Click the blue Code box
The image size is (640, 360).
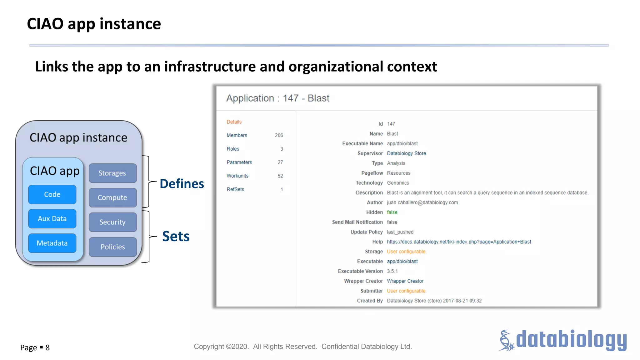(52, 194)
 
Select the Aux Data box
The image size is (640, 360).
(52, 219)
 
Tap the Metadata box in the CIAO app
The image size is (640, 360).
(52, 243)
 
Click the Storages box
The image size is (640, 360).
(112, 173)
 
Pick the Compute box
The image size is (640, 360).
(112, 197)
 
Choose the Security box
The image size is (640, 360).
(112, 222)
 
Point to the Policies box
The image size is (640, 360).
(112, 247)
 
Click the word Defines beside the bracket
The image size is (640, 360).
(182, 184)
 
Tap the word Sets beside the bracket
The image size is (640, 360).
(176, 236)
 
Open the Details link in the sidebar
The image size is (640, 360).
(234, 122)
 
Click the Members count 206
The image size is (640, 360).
(279, 135)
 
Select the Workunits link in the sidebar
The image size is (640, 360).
(237, 176)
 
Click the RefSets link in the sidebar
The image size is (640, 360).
(235, 189)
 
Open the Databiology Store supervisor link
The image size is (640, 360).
(406, 153)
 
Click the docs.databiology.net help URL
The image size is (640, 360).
(459, 242)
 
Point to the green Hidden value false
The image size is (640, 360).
(392, 212)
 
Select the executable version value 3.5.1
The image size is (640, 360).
(392, 271)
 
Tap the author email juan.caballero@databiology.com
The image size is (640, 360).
(422, 202)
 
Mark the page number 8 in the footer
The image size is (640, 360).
(47, 348)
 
